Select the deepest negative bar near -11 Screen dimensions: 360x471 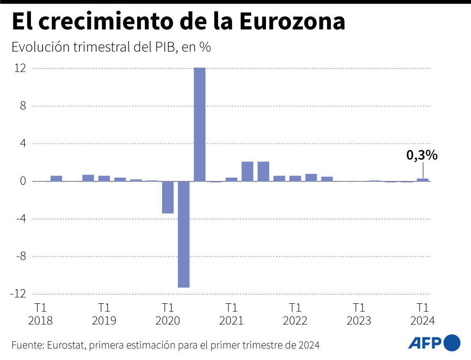(x=184, y=234)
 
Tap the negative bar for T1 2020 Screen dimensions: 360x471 (x=168, y=197)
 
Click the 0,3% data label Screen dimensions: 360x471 (x=422, y=156)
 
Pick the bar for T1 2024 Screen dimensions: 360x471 (x=423, y=180)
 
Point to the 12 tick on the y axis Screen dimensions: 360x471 (x=20, y=68)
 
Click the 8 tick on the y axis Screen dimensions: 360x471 (x=22, y=106)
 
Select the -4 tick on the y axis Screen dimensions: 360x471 (x=19, y=219)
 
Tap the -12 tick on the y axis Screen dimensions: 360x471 (x=18, y=294)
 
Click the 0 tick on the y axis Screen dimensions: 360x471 (x=22, y=181)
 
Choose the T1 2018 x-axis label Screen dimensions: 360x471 (x=41, y=314)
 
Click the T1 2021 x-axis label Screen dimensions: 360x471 (x=231, y=314)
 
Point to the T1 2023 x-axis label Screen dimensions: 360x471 (x=359, y=314)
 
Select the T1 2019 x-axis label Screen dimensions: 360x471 (x=104, y=314)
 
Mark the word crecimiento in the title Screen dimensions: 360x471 (x=102, y=22)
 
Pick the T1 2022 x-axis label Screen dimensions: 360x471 (x=295, y=314)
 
